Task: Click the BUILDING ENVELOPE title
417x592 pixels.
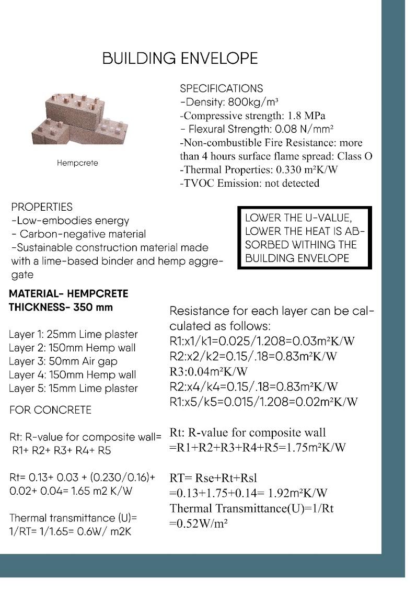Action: [x=180, y=58]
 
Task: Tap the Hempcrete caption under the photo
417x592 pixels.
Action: [x=77, y=163]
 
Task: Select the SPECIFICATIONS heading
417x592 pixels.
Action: [x=221, y=88]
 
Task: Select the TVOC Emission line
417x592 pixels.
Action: [x=249, y=183]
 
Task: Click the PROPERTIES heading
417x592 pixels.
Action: [x=42, y=207]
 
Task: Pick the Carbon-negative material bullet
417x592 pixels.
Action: [x=79, y=234]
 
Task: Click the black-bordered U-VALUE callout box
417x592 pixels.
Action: [x=305, y=238]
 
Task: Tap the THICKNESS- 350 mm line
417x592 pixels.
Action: [x=61, y=308]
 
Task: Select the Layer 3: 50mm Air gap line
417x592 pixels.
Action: [x=63, y=361]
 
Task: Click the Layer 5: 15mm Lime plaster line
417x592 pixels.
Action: [x=73, y=389]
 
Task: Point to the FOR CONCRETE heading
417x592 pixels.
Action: [x=50, y=410]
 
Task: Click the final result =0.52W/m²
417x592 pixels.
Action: [x=198, y=523]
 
